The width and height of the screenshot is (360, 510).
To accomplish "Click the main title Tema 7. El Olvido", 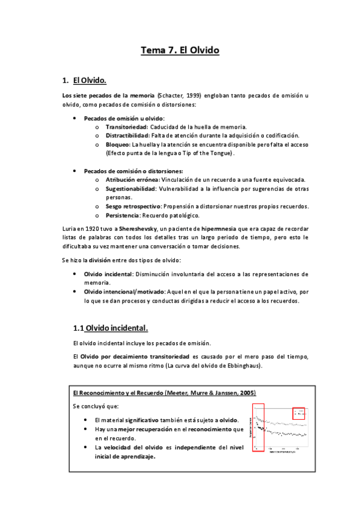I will pyautogui.click(x=180, y=51).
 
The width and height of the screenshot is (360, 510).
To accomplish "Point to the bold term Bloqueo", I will pyautogui.click(x=117, y=145).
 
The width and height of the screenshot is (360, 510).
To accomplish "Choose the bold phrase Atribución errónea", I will pyautogui.click(x=132, y=180).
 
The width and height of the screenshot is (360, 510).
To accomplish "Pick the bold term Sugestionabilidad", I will pyautogui.click(x=130, y=189).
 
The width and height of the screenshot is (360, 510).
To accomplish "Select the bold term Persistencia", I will pyautogui.click(x=123, y=215).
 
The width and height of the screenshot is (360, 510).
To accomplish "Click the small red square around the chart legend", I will pyautogui.click(x=299, y=413).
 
